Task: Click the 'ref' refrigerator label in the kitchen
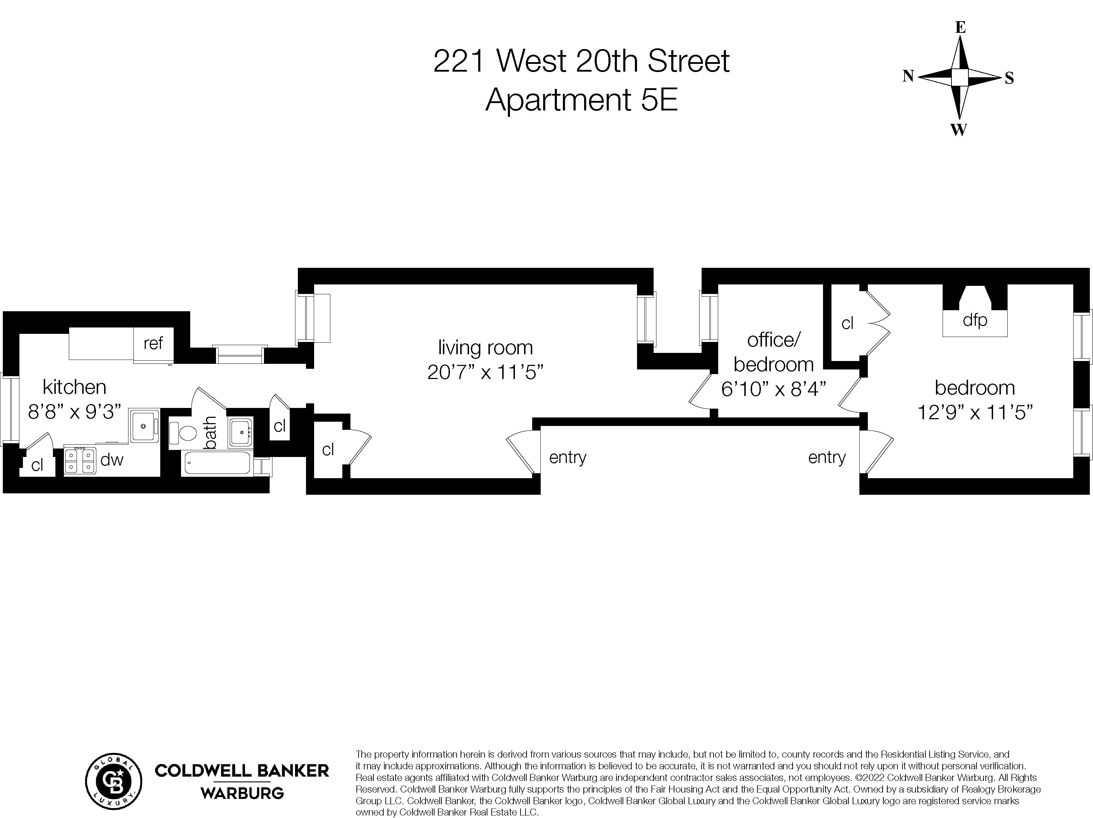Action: [x=153, y=343]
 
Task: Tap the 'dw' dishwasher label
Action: [x=112, y=460]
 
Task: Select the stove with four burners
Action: [x=79, y=461]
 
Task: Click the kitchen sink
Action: [x=144, y=425]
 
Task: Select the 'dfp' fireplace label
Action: [x=974, y=320]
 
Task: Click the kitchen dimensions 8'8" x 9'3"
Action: [x=74, y=411]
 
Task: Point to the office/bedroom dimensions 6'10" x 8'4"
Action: [x=773, y=389]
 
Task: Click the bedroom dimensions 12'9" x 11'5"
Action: [x=975, y=411]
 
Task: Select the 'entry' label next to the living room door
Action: [x=567, y=457]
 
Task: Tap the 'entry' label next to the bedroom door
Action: [x=827, y=457]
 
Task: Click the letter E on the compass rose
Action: [x=960, y=28]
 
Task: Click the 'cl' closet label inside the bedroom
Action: [x=847, y=324]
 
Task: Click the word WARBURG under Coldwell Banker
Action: [x=242, y=794]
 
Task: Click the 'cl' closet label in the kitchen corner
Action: [x=37, y=465]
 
